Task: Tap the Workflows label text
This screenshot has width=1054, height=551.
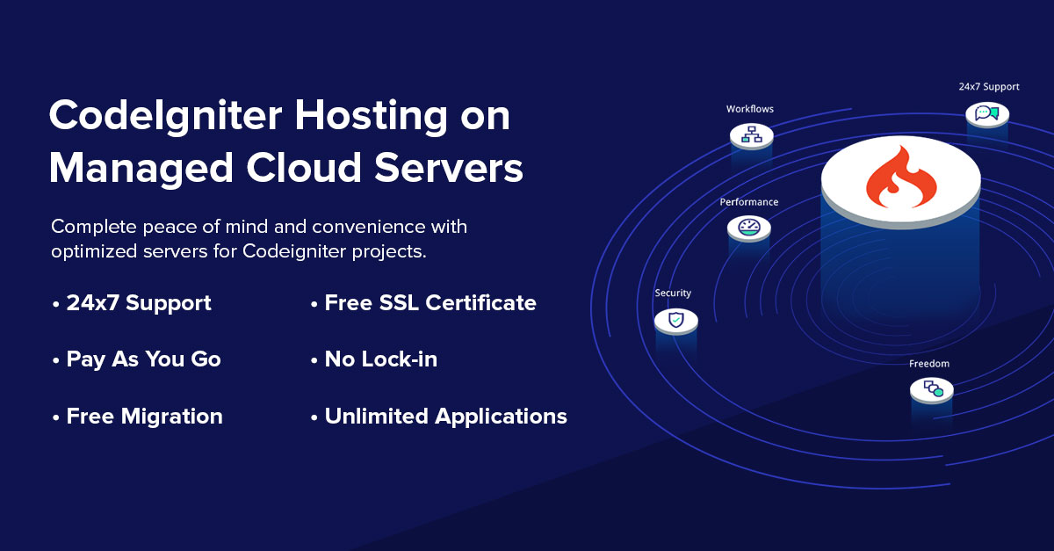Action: (750, 109)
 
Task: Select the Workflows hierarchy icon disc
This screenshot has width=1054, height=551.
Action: (752, 135)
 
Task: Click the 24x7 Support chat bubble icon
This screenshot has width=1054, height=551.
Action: (986, 113)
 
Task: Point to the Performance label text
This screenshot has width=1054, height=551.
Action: (749, 202)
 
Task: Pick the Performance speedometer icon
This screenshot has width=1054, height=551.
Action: (749, 228)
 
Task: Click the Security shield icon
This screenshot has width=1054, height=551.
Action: (676, 321)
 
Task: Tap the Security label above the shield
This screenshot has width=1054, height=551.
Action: (673, 293)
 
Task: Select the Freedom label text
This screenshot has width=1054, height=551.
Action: (929, 364)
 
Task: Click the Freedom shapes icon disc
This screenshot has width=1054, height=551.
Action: (932, 389)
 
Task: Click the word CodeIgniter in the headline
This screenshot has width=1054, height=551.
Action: (166, 116)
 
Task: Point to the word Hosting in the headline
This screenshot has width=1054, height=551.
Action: (371, 116)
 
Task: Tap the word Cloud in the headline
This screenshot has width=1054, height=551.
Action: (304, 168)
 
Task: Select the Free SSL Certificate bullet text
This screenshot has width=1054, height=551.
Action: (430, 303)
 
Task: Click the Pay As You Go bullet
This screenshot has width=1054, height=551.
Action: (143, 359)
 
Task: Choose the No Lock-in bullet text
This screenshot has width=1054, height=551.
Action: (380, 359)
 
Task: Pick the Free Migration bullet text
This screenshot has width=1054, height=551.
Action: (144, 417)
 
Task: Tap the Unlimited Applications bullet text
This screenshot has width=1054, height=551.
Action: (445, 417)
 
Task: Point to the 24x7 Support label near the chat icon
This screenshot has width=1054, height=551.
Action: (989, 87)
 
